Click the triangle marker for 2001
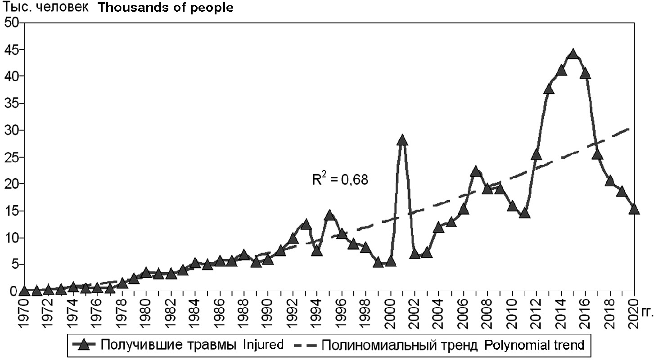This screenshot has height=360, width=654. pyautogui.click(x=402, y=140)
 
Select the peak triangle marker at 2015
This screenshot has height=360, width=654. pyautogui.click(x=573, y=54)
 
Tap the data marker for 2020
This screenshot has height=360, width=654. pyautogui.click(x=634, y=209)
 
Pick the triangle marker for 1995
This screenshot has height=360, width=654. pyautogui.click(x=329, y=215)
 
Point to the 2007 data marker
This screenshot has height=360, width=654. pyautogui.click(x=476, y=171)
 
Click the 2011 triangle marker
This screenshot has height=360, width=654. pyautogui.click(x=524, y=213)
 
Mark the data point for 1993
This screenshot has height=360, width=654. pyautogui.click(x=305, y=224)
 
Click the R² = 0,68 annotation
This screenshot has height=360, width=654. pyautogui.click(x=340, y=180)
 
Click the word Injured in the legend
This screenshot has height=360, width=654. pyautogui.click(x=263, y=345)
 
